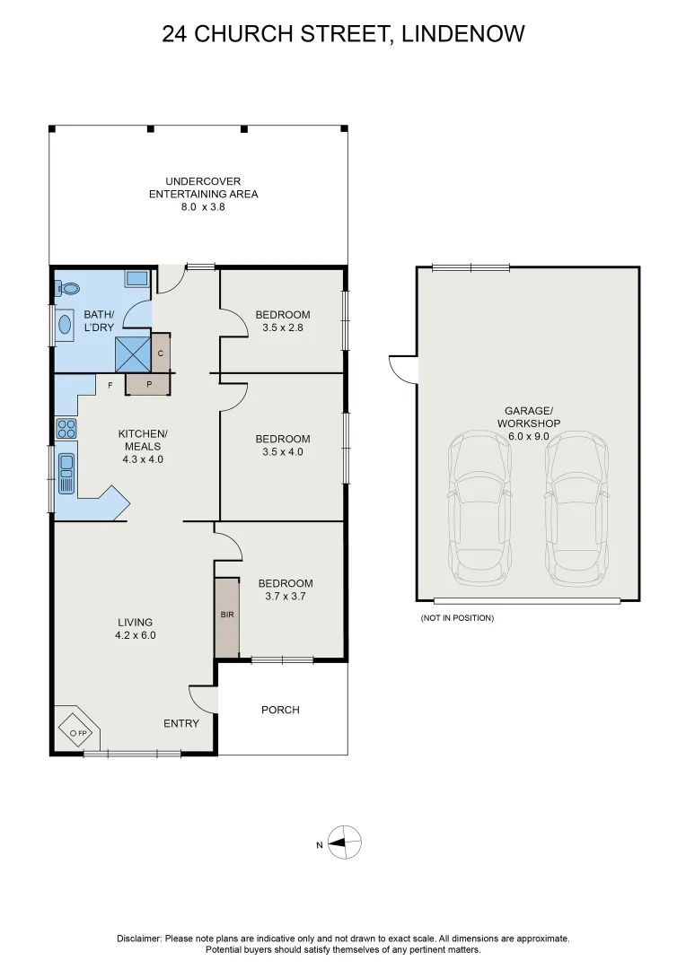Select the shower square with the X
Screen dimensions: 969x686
tap(133, 353)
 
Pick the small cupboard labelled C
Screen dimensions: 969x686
tap(161, 353)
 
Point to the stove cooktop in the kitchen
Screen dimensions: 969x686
tap(66, 429)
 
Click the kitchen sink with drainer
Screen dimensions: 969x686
tap(66, 473)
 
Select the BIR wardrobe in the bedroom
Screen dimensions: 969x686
tap(226, 616)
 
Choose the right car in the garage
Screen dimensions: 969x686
tap(576, 507)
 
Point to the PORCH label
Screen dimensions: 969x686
tap(280, 710)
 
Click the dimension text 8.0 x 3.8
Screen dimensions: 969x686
tap(203, 206)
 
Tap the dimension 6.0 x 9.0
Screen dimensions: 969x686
tap(527, 436)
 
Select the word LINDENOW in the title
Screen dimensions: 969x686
tap(463, 34)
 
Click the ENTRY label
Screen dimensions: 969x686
tap(180, 724)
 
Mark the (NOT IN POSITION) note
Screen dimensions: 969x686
tap(457, 618)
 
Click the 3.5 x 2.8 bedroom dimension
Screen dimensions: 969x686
tap(282, 327)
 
